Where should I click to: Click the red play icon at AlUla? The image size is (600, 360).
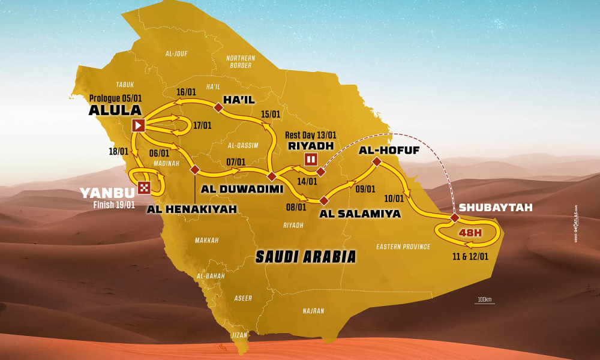coord(138,125)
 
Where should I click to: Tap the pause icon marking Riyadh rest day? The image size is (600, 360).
coord(311,159)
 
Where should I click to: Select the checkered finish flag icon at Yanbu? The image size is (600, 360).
coord(144,187)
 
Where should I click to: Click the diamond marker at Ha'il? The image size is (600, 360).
coord(218,107)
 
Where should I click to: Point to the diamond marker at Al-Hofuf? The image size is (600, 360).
coord(376,161)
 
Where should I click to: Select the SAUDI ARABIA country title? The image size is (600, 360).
coord(305,256)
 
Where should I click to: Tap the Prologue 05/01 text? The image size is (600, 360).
coord(115,98)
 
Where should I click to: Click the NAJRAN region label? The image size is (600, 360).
coord(313,311)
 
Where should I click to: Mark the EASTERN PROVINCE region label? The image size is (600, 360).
coord(403,247)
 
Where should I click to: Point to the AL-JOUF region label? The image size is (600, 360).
coord(176,53)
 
